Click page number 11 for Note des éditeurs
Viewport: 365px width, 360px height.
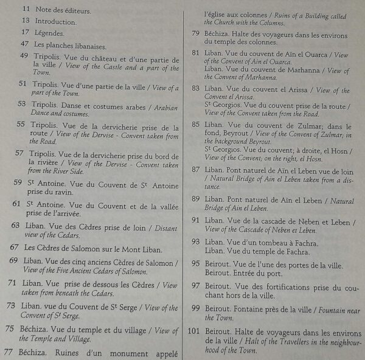(x=26, y=10)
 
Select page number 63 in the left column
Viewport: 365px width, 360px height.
(x=15, y=226)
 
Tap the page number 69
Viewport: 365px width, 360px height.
(x=13, y=261)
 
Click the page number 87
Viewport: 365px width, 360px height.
(x=196, y=169)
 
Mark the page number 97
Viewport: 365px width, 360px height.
(x=196, y=285)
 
